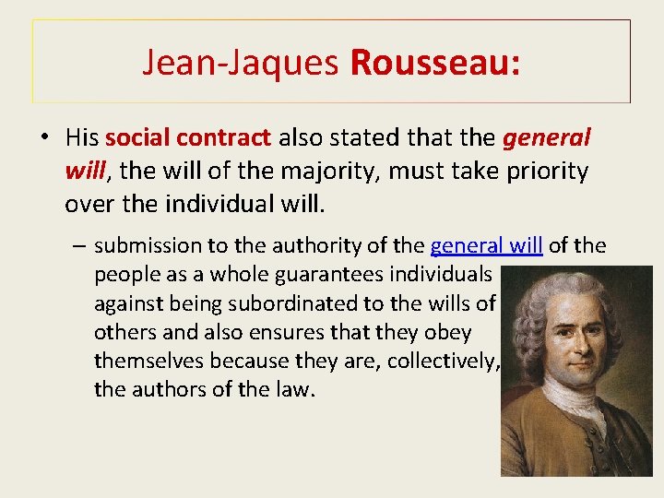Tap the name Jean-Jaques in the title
[242, 62]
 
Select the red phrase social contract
[188, 138]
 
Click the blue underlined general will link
[486, 245]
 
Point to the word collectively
[443, 361]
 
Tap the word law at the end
[297, 389]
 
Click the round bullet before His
[44, 138]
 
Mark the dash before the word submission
[82, 246]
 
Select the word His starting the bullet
[82, 138]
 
